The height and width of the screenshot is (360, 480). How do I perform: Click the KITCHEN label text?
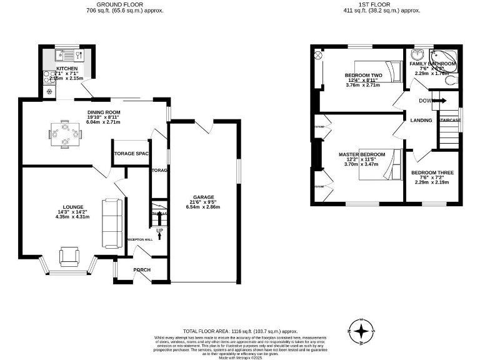click(x=67, y=68)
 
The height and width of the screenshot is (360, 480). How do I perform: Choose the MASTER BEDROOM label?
click(x=362, y=154)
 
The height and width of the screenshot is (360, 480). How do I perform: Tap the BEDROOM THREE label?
click(x=432, y=172)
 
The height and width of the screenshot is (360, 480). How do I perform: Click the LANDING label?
click(x=421, y=121)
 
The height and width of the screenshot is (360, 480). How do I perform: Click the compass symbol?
click(x=361, y=331)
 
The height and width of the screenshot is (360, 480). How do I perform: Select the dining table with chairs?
click(x=65, y=133)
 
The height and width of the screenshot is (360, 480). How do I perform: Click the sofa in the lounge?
click(x=113, y=222)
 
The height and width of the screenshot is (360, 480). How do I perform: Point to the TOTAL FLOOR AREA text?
click(x=240, y=331)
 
